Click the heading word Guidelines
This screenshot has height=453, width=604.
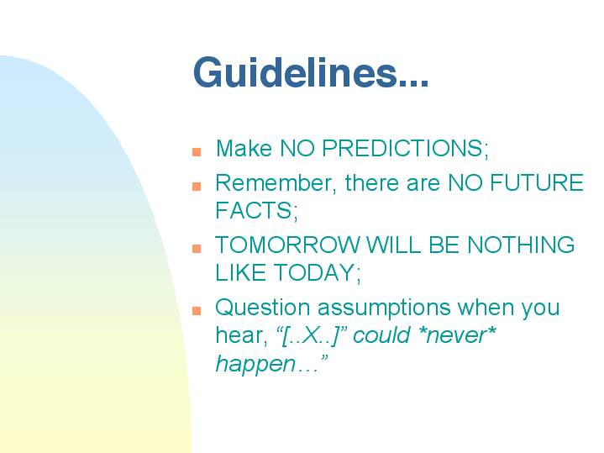(x=311, y=73)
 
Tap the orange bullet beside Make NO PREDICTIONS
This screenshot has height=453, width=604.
(x=197, y=152)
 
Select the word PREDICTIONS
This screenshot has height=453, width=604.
(x=405, y=148)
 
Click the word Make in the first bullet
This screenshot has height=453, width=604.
(x=244, y=148)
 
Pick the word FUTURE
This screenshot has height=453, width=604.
(x=536, y=182)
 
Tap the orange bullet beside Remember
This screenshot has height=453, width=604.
(x=197, y=187)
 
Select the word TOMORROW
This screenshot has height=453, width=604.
(x=287, y=245)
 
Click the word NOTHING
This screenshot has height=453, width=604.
(x=521, y=245)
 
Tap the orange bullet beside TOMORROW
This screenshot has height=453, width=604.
(x=197, y=249)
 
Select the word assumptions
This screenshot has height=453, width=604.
(x=384, y=308)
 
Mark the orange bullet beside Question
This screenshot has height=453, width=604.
(x=197, y=311)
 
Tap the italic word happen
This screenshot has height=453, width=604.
(x=255, y=364)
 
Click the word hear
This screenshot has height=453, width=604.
(x=241, y=335)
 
